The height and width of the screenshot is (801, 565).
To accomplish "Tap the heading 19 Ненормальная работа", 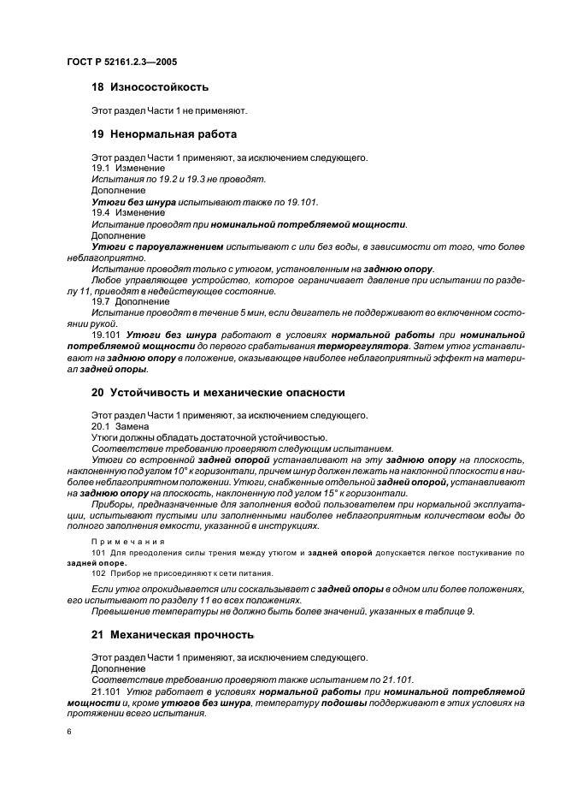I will pos(163,134).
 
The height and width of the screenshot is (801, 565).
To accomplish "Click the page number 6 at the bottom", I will pos(69,733).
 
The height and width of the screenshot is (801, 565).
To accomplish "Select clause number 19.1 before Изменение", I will pos(101,169).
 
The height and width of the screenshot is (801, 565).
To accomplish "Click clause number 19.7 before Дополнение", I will pos(101,302).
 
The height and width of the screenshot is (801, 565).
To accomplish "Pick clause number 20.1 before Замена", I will pos(101,426).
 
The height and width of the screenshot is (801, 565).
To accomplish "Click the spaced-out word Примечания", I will pos(126,541).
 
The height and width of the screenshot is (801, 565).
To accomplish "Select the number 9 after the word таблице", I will pos(470,611).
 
